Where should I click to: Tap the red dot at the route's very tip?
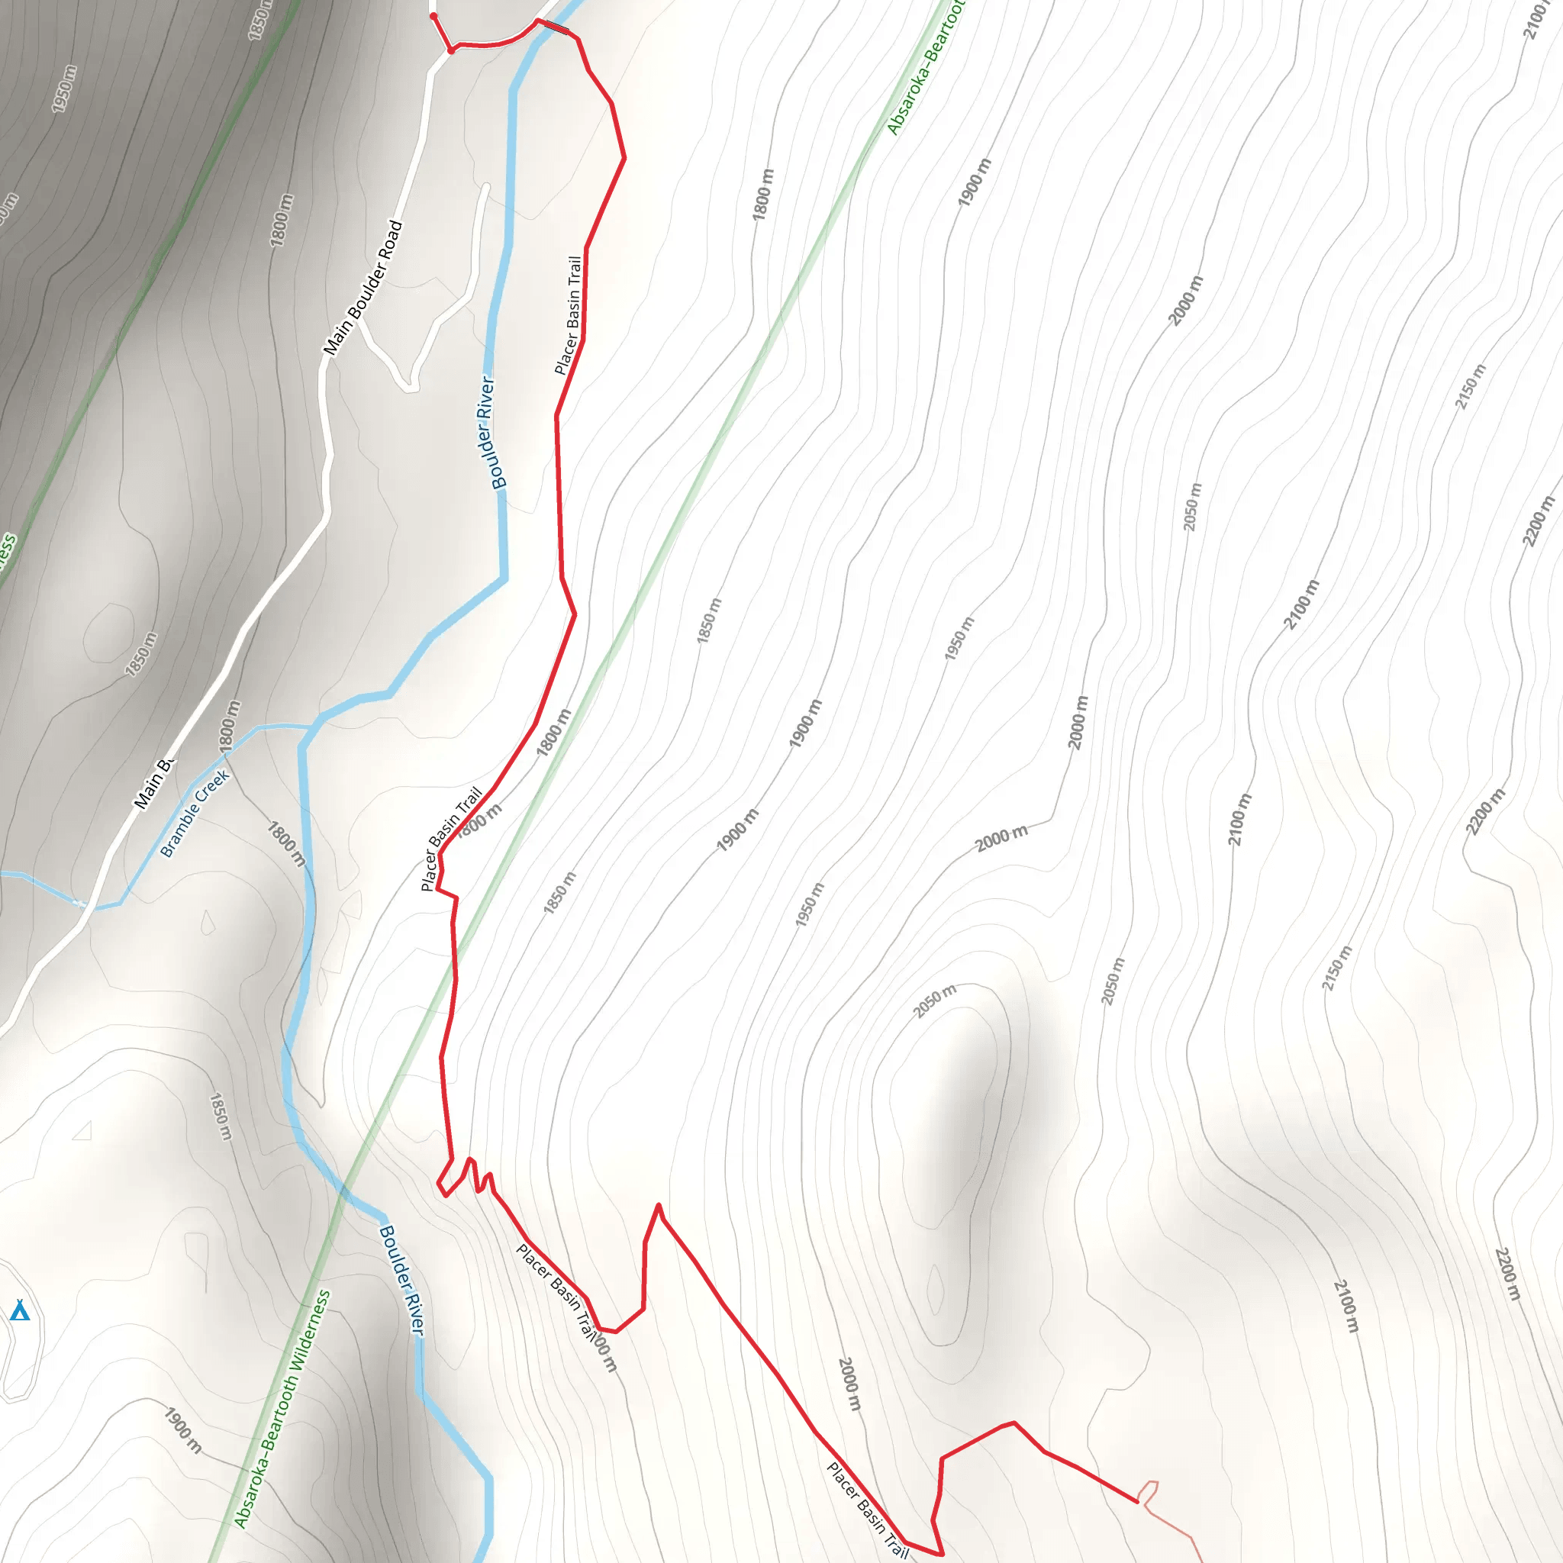[x=433, y=16]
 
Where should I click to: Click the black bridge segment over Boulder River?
[x=554, y=28]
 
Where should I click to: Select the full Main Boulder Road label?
[x=363, y=288]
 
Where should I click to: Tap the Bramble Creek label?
[x=195, y=813]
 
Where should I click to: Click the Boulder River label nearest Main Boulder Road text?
[x=492, y=432]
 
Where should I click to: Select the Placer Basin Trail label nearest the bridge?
[x=569, y=315]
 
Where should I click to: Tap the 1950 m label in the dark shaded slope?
[x=63, y=89]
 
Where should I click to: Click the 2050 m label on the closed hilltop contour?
[x=934, y=1001]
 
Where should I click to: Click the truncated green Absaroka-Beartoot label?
[x=927, y=69]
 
